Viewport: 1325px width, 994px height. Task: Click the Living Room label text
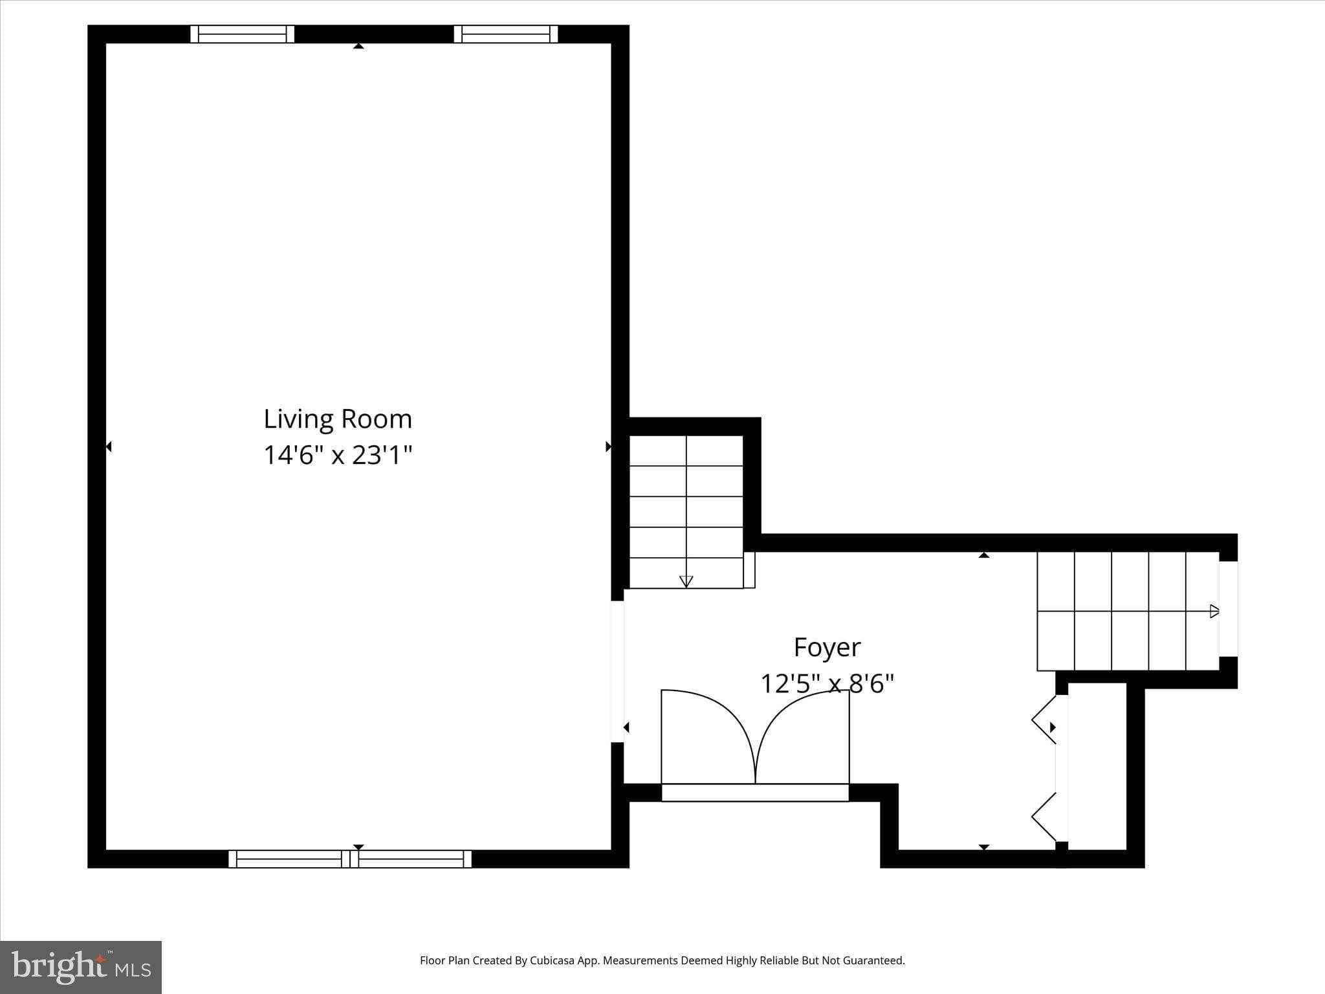[338, 419]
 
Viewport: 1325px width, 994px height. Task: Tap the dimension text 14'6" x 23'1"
[338, 455]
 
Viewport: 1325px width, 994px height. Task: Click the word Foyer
[827, 647]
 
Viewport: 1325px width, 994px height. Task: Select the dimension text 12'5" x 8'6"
[827, 683]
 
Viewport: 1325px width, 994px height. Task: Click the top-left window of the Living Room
[242, 34]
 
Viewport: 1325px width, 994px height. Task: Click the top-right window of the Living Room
[506, 34]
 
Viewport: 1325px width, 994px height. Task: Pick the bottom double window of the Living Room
[350, 859]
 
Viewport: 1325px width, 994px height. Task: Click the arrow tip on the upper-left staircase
[686, 581]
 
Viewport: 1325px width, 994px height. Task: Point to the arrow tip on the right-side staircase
[1214, 611]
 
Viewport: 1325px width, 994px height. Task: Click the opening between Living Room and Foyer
[618, 671]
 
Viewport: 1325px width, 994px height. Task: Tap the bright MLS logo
[81, 967]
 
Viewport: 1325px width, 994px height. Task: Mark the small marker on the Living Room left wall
[109, 447]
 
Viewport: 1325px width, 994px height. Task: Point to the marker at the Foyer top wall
[984, 555]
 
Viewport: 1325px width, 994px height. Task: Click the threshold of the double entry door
[754, 793]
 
